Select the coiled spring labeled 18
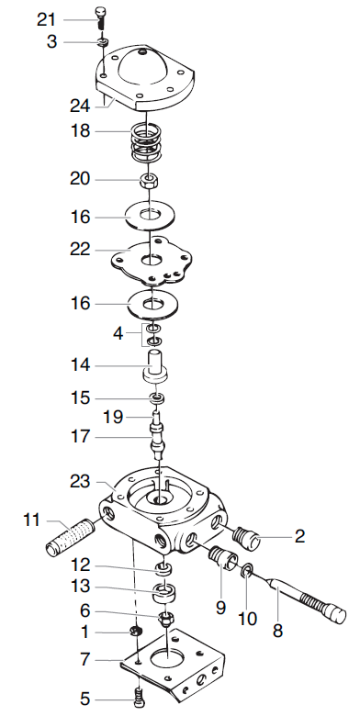(x=150, y=140)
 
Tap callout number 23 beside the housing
(x=80, y=479)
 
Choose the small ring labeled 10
(x=247, y=573)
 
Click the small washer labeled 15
(x=157, y=398)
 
